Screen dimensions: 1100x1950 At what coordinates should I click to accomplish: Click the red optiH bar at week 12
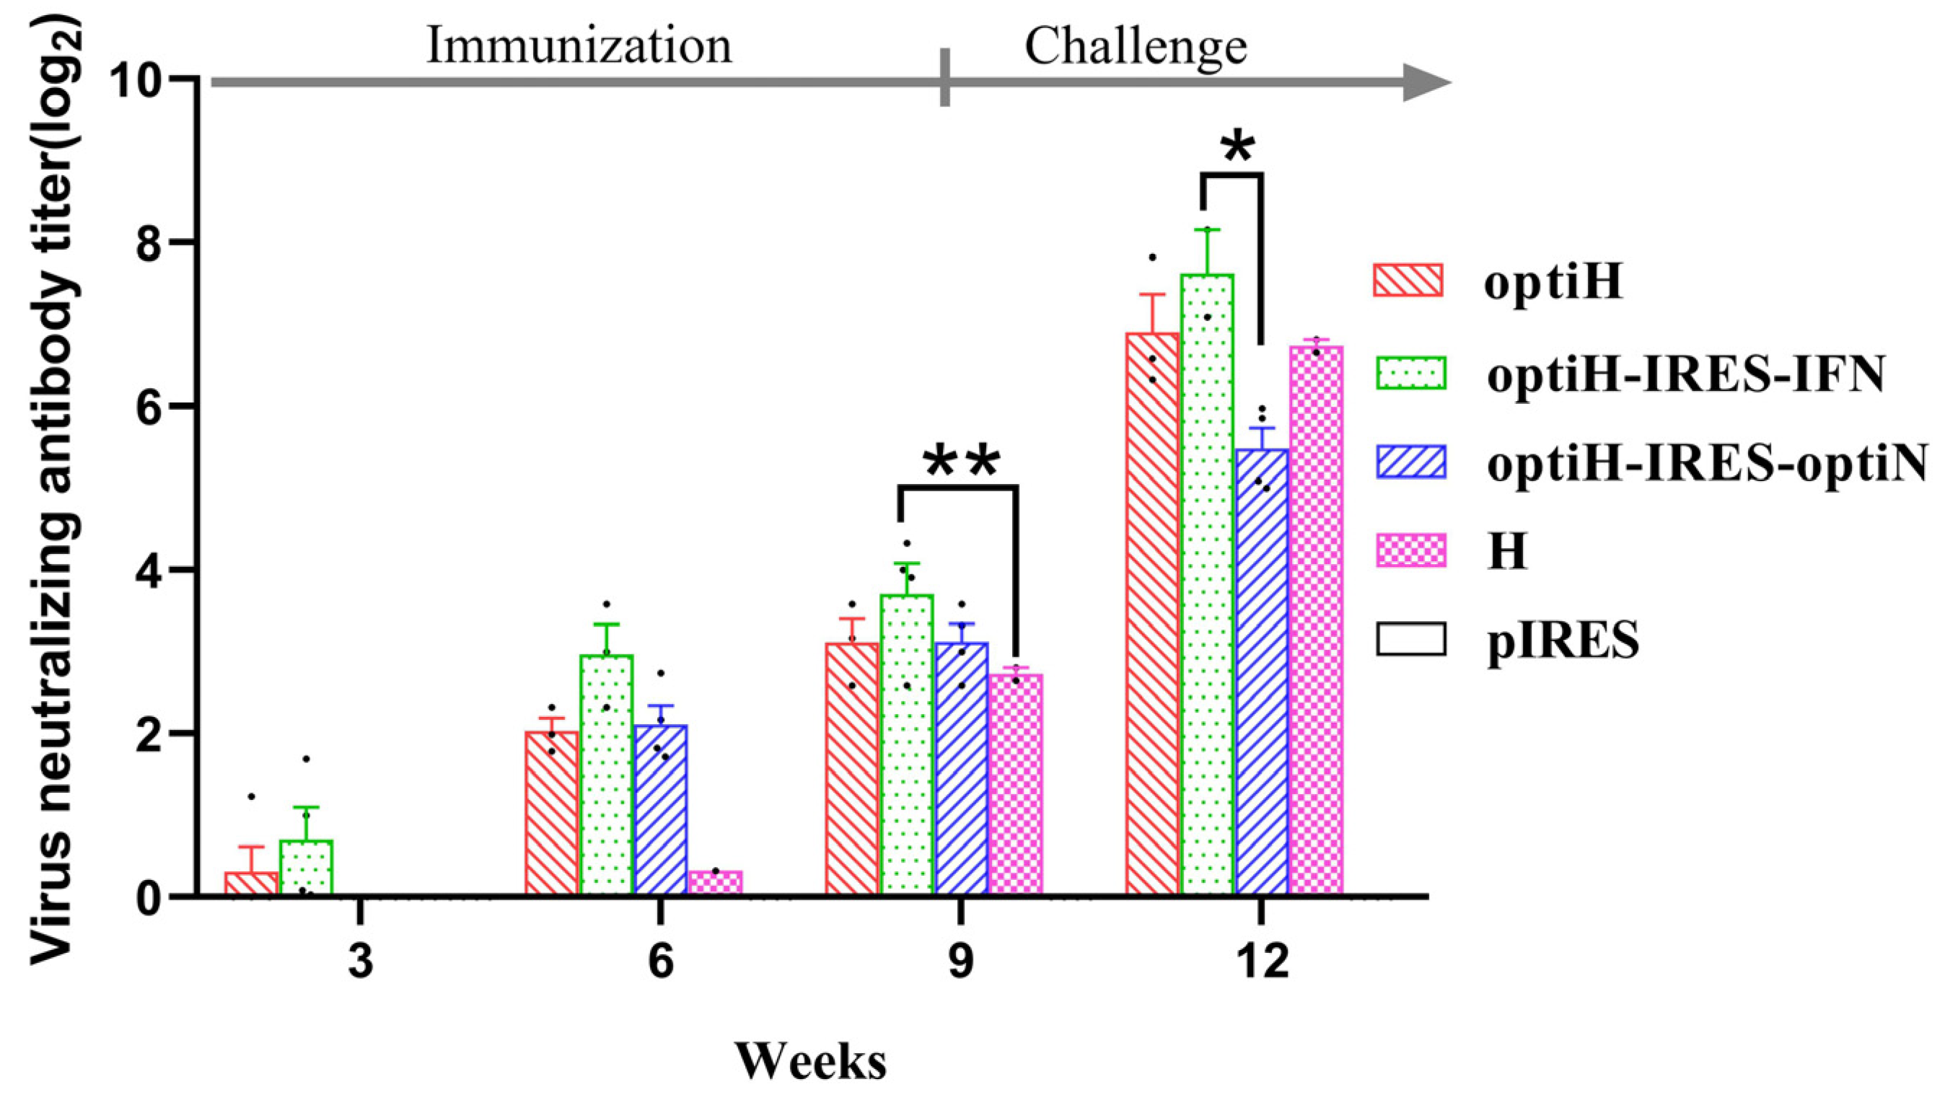pos(1152,613)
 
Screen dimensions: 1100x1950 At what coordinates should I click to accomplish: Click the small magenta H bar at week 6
pos(716,883)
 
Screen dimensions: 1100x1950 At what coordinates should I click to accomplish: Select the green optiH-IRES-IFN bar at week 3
pos(306,868)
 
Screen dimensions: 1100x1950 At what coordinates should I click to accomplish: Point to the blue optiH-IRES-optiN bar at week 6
pos(661,810)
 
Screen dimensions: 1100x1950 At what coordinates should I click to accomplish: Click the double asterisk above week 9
pos(960,463)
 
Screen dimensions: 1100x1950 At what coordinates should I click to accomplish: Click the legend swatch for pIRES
pos(1410,639)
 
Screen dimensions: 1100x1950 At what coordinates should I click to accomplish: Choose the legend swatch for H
pos(1410,550)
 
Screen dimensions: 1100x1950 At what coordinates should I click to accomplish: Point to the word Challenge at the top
pos(1136,47)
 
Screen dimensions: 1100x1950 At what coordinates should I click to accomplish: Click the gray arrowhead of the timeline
pos(1425,82)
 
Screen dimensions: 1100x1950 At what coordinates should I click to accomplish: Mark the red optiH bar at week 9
pos(851,768)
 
